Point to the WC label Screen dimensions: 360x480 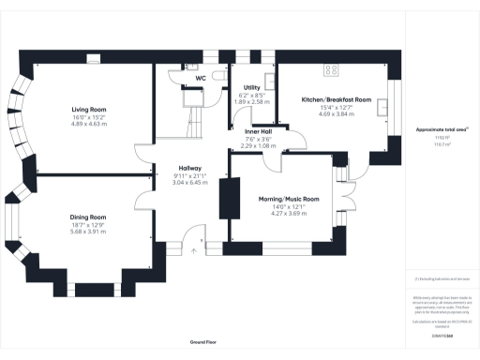click(201, 78)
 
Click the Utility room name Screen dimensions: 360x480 click(250, 87)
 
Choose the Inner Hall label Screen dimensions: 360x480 click(259, 131)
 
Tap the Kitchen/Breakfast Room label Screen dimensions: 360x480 click(337, 99)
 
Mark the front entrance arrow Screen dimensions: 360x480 click(190, 250)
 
